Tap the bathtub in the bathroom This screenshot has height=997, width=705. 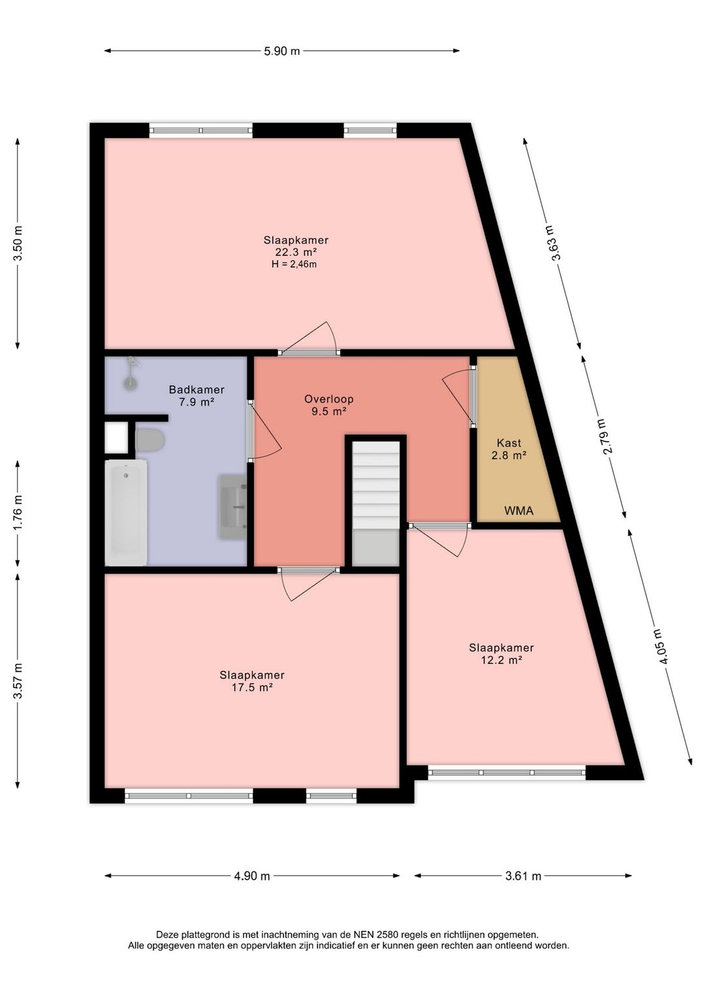[126, 513]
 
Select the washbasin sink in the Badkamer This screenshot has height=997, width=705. [232, 507]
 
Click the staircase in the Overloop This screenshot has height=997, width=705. [376, 503]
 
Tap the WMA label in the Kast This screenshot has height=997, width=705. [518, 510]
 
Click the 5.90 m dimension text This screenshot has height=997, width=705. [282, 51]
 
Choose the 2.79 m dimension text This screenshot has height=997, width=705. [603, 436]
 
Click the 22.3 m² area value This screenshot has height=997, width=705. [296, 252]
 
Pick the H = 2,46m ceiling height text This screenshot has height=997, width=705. [294, 265]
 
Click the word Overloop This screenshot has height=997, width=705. [329, 399]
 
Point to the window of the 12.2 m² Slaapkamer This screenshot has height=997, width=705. [507, 773]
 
